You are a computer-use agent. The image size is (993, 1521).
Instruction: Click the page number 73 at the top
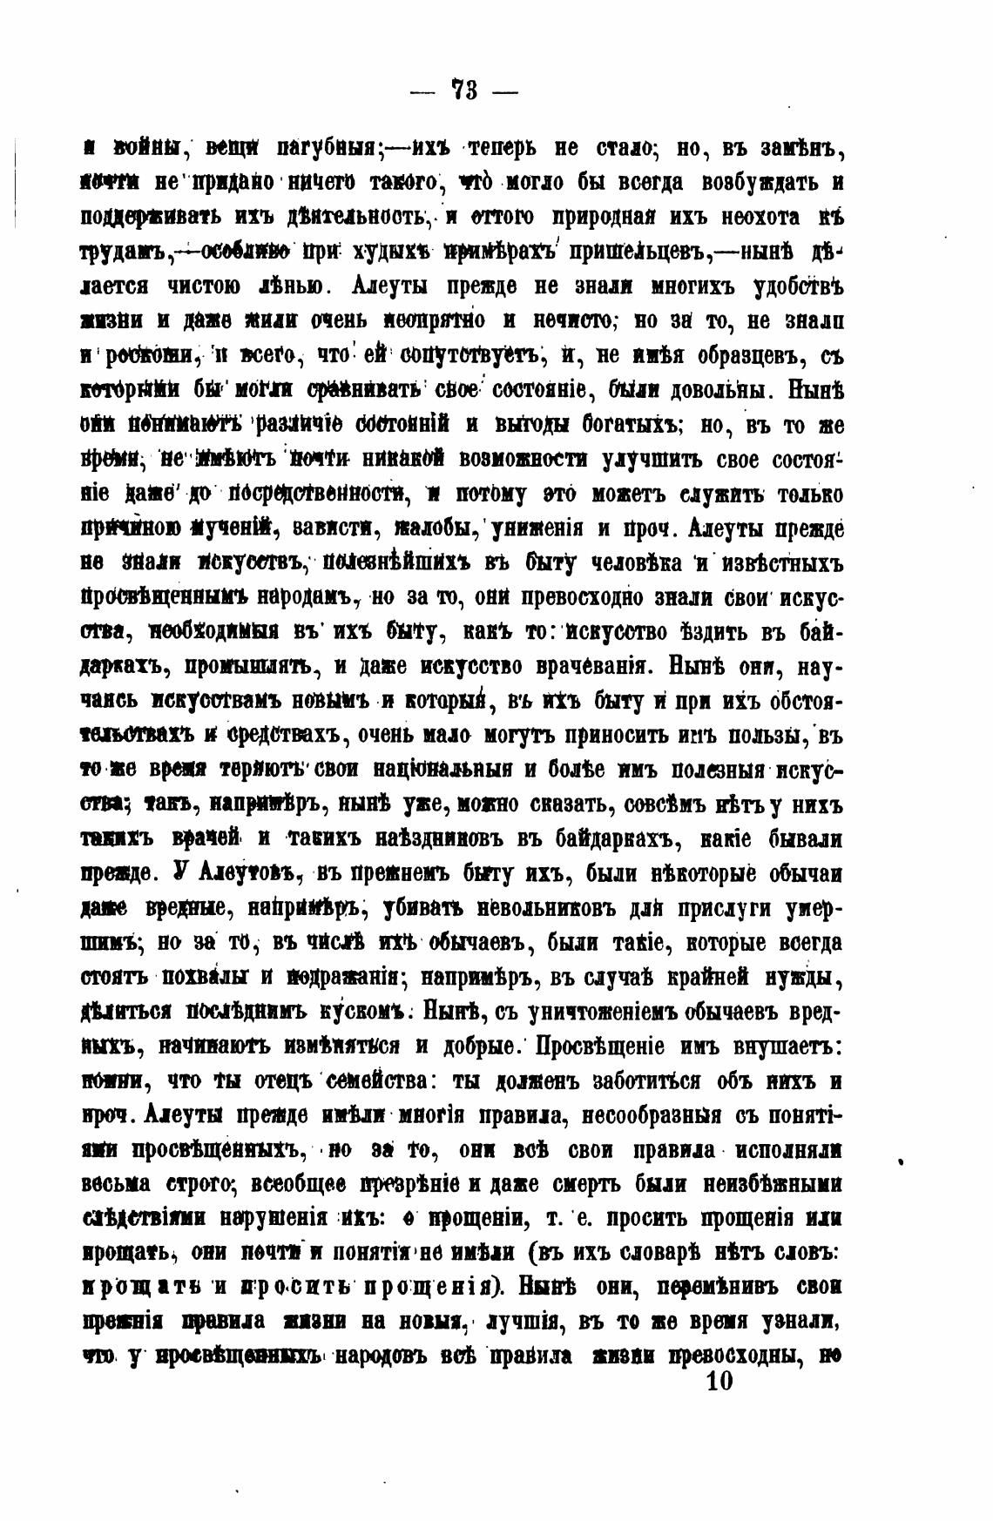(x=463, y=91)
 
